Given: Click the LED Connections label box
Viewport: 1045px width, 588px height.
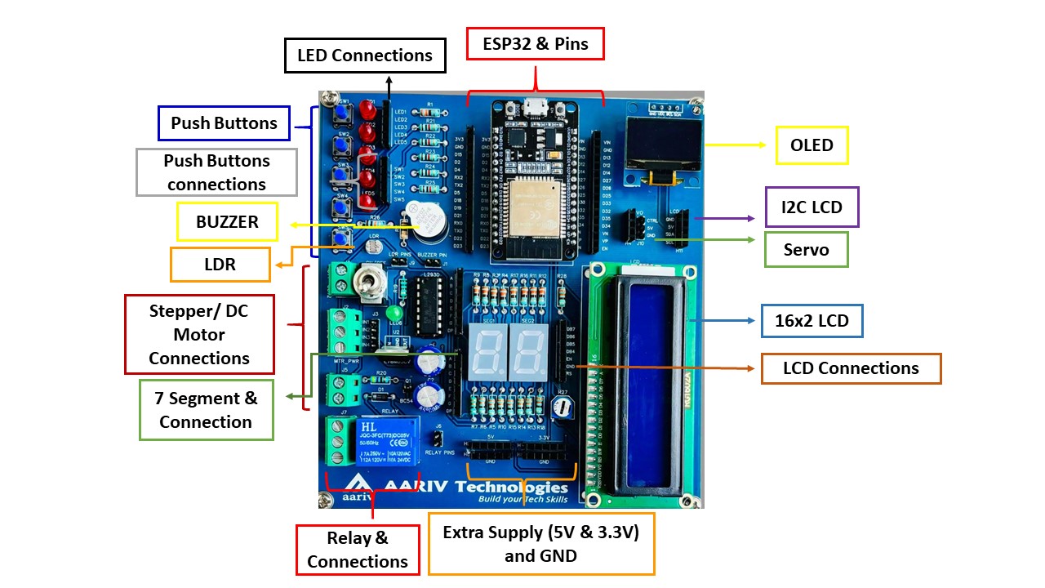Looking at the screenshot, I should coord(365,56).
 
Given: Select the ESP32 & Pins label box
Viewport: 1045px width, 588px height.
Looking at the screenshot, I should coord(535,44).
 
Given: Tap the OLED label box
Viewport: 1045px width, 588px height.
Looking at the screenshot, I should coord(812,146).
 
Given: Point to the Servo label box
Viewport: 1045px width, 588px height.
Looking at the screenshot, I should coord(806,249).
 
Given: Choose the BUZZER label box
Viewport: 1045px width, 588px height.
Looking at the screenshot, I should coord(227,221).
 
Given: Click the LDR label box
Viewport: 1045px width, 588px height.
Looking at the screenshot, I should coord(220,265).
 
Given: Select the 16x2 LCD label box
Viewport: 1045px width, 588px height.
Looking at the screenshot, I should coord(812,321).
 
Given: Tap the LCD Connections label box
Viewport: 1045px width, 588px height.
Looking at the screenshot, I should coord(851,368).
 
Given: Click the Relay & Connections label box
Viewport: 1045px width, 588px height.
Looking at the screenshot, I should coord(357,550).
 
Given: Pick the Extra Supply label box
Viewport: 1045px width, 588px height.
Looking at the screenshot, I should coord(540,544).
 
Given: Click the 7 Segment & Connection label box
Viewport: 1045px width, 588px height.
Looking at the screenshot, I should coord(206,410).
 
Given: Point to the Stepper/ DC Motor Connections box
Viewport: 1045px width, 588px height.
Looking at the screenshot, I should coord(199,334).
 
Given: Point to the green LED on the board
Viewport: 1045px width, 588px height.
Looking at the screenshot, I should coord(394,313).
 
